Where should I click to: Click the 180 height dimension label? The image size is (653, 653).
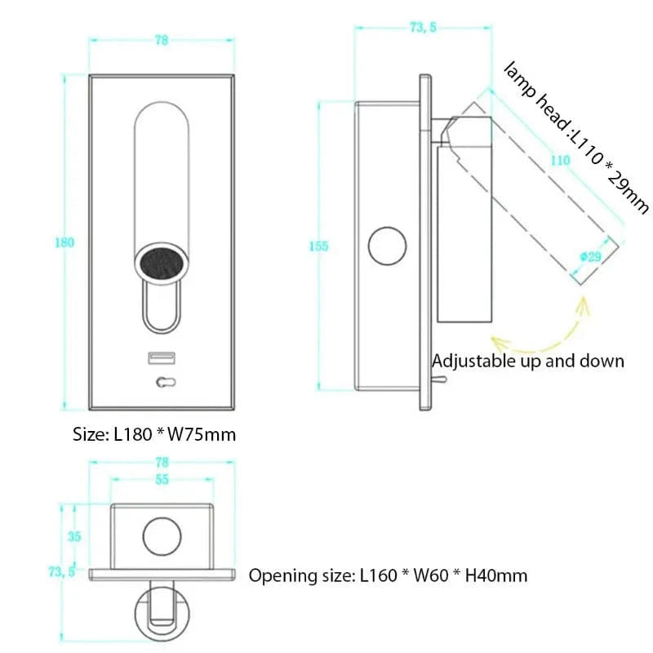pos(64,242)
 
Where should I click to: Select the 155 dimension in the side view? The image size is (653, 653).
pos(319,247)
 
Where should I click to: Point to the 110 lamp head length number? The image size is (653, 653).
pos(560,161)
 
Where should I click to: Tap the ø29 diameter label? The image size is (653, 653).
pos(589,256)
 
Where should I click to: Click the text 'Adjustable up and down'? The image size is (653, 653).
pos(528,361)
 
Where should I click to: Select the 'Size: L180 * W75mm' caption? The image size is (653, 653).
pos(154,434)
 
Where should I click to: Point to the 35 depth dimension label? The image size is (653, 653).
pos(74,536)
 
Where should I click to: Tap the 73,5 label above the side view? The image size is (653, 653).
pos(423,28)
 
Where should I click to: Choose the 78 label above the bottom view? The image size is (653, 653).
pos(162,462)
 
